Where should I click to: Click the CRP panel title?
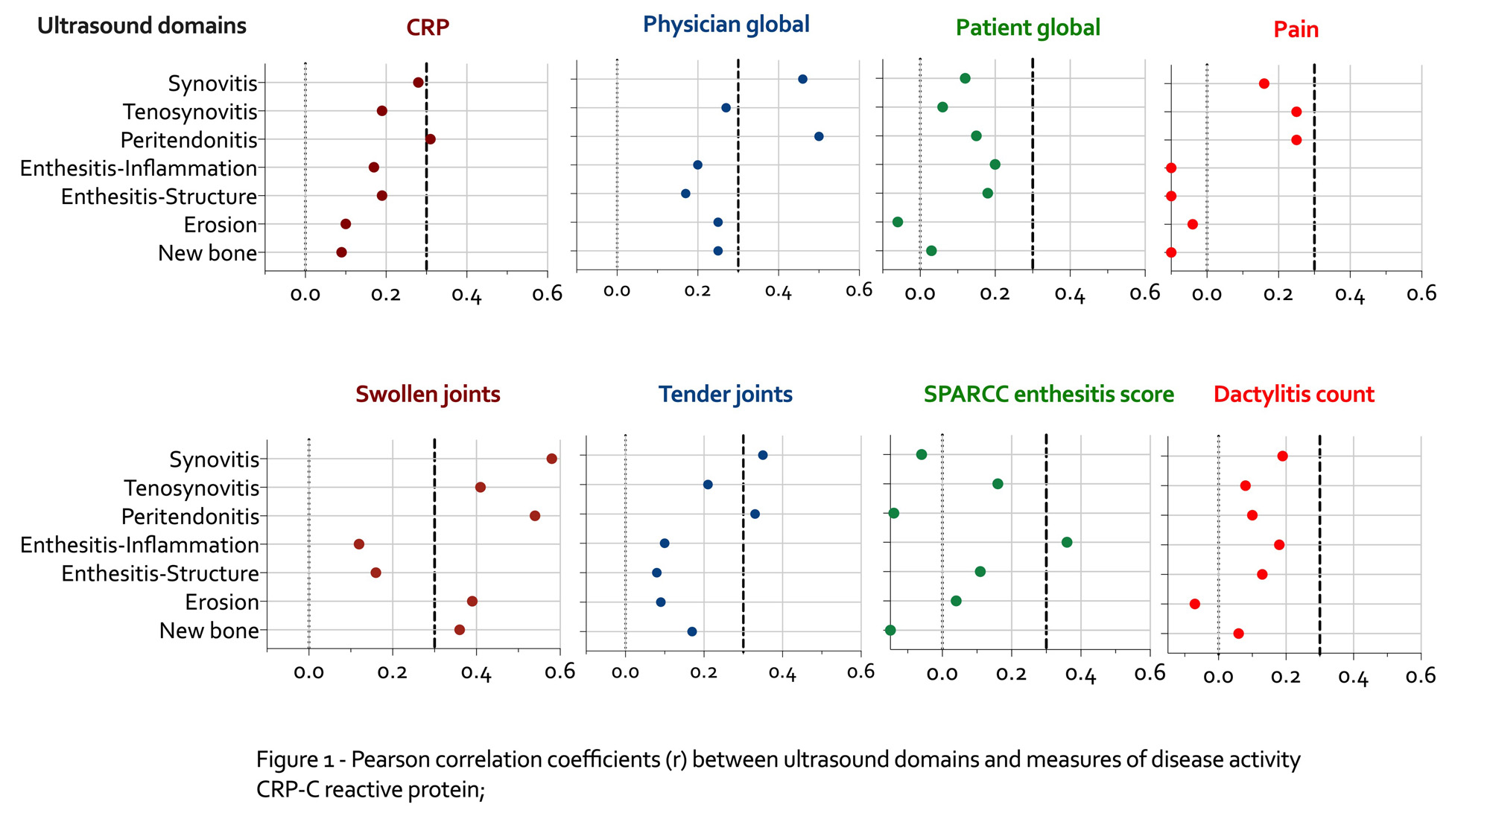point(428,28)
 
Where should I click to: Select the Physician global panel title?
point(726,25)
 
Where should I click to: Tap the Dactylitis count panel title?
point(1293,394)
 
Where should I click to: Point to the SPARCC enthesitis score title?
point(1048,394)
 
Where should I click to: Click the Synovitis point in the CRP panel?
point(418,83)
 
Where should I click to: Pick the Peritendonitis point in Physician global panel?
point(819,136)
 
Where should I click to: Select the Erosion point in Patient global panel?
point(898,222)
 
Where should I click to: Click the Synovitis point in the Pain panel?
point(1264,83)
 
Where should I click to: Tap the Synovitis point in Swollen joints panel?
point(551,459)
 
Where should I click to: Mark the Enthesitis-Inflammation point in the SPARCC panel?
point(1067,542)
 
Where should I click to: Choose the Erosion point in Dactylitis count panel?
point(1195,604)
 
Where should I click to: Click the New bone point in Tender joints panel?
point(692,631)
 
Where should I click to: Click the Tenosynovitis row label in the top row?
point(190,112)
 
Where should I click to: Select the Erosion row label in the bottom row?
point(222,602)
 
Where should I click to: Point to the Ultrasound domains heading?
point(142,25)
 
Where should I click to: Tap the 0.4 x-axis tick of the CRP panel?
point(466,295)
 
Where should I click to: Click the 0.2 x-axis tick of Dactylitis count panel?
point(1286,677)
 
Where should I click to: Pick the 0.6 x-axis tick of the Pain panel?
point(1421,294)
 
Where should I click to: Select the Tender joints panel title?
point(725,394)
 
